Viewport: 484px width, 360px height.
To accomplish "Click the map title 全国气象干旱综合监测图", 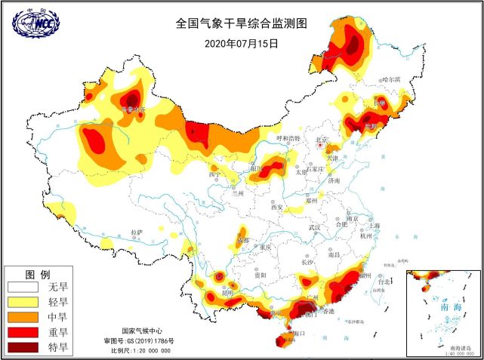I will coord(242,23).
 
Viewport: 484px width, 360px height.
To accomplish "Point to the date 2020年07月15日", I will coord(242,43).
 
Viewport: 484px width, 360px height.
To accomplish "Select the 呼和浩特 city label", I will coord(288,139).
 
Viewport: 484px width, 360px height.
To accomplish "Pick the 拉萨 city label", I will coord(136,232).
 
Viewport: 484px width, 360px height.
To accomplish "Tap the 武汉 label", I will coord(315,227).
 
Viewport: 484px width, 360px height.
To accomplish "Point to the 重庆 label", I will coord(264,247).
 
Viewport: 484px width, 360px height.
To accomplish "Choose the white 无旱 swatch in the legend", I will coord(23,287).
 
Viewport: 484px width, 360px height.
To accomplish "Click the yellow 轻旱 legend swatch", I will coord(23,302).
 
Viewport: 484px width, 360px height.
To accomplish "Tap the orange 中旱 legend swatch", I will coord(23,317).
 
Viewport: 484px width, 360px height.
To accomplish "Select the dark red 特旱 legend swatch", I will coord(23,347).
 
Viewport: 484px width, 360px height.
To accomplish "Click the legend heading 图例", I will coord(38,273).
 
